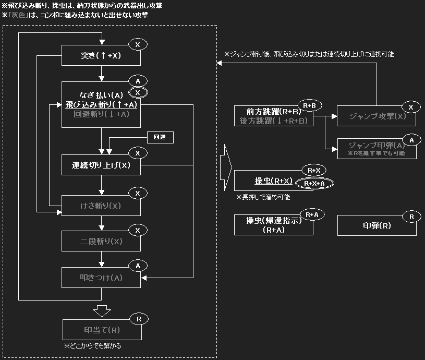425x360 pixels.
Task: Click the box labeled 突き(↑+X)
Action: coord(101,55)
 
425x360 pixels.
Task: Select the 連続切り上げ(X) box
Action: coord(101,165)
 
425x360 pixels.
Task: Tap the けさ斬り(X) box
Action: coord(101,206)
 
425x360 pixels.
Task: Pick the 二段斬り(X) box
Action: coord(101,242)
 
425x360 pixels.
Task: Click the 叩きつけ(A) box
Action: coord(101,278)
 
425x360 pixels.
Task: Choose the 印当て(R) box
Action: coord(101,330)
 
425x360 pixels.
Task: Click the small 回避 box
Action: coord(160,138)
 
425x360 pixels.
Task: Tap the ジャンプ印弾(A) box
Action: coord(377,149)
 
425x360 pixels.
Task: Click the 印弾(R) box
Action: coord(377,226)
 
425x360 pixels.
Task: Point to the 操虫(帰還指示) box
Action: coord(273,225)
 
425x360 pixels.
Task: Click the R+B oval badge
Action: coord(309,106)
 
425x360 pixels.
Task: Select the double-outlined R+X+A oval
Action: coord(314,183)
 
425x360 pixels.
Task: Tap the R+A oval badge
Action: coord(312,214)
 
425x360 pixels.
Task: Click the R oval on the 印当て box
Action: coord(138,318)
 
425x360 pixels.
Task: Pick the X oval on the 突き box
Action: coord(138,45)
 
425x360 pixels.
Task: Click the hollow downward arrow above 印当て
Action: coord(102,310)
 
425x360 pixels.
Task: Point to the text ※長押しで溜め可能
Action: coord(263,198)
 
